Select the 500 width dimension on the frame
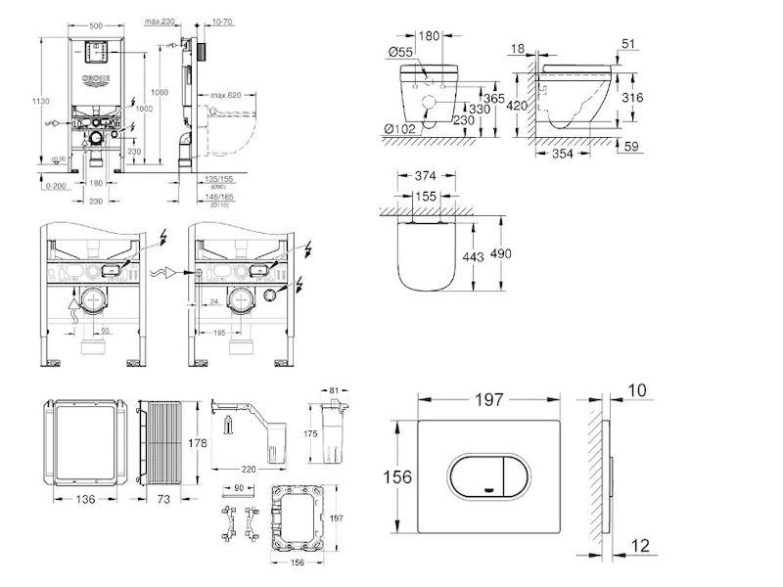[96, 22]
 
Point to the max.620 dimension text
[224, 95]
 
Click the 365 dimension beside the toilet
[493, 99]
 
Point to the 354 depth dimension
[561, 154]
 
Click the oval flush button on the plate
[487, 476]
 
